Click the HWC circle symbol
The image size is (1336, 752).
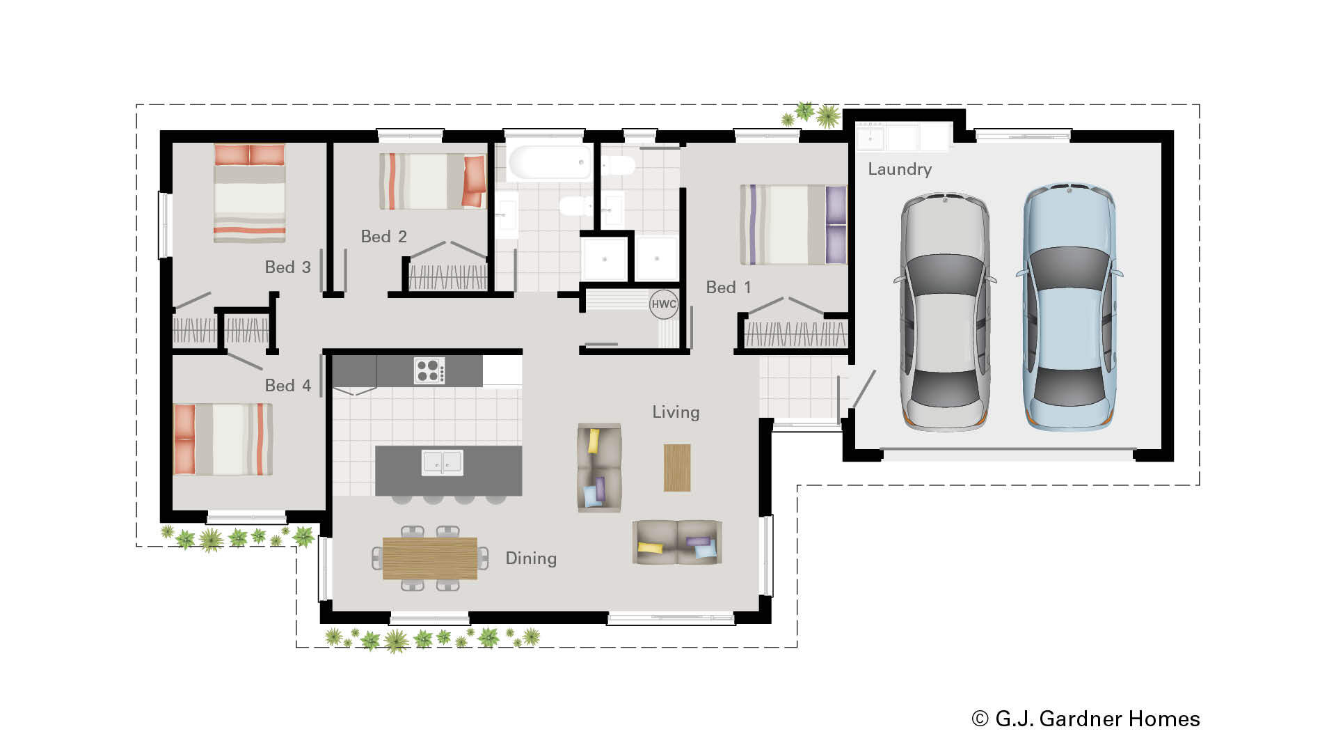pyautogui.click(x=663, y=304)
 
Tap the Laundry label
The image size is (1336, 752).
pyautogui.click(x=899, y=169)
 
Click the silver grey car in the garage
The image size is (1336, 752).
pyautogui.click(x=944, y=312)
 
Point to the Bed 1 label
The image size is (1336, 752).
pyautogui.click(x=728, y=288)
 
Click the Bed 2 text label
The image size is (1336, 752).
pyautogui.click(x=383, y=237)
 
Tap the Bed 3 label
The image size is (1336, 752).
pyautogui.click(x=287, y=267)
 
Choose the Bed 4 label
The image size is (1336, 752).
pyautogui.click(x=287, y=386)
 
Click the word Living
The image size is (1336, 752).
pyautogui.click(x=676, y=412)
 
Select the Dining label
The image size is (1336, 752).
pyautogui.click(x=531, y=558)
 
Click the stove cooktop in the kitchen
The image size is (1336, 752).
pyautogui.click(x=429, y=370)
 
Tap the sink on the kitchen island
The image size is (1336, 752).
pyautogui.click(x=442, y=462)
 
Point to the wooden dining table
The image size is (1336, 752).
pyautogui.click(x=429, y=558)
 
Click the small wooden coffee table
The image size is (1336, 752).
pyautogui.click(x=677, y=467)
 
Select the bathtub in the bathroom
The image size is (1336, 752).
pyautogui.click(x=549, y=162)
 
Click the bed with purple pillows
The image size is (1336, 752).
pyautogui.click(x=793, y=224)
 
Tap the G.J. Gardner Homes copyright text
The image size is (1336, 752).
pyautogui.click(x=1085, y=719)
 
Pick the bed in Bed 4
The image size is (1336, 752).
pyautogui.click(x=223, y=439)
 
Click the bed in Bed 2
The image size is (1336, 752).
pyautogui.click(x=432, y=181)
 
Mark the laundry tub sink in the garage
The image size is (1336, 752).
pyautogui.click(x=870, y=138)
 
